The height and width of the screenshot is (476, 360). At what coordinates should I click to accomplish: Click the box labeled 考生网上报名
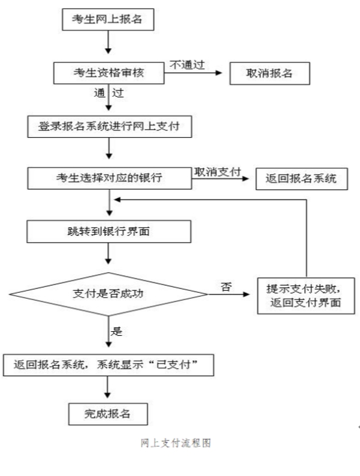[108, 19]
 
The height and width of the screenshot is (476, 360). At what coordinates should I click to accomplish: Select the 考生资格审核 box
[109, 73]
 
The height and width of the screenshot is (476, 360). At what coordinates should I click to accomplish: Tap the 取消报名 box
[270, 73]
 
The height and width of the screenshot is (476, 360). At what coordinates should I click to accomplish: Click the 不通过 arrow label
[187, 65]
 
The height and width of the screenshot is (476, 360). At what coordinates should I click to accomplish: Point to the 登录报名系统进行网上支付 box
[109, 127]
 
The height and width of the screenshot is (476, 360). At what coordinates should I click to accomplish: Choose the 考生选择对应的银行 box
[109, 179]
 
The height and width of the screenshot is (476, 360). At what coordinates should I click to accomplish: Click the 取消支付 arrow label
[218, 172]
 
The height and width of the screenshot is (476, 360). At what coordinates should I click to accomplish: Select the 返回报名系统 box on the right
[302, 179]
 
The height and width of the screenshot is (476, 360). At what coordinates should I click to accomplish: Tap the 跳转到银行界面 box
[109, 232]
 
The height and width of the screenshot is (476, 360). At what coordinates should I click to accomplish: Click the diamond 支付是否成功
[109, 294]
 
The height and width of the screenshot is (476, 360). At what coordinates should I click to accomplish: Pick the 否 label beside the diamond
[226, 286]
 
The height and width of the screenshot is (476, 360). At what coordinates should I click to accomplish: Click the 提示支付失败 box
[306, 295]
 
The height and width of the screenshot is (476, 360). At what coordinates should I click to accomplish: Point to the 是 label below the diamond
[116, 331]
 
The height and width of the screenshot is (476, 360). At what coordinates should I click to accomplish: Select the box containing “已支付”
[109, 365]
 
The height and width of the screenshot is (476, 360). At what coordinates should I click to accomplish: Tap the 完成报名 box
[108, 414]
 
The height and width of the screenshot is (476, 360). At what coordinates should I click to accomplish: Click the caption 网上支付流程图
[175, 443]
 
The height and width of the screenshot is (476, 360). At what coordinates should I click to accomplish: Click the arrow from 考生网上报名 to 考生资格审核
[108, 42]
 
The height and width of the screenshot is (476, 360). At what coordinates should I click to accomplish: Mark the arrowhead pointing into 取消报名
[218, 73]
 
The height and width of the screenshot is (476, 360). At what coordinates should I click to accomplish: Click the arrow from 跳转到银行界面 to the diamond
[108, 253]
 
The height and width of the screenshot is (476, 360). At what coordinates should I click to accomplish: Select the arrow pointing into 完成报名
[107, 387]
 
